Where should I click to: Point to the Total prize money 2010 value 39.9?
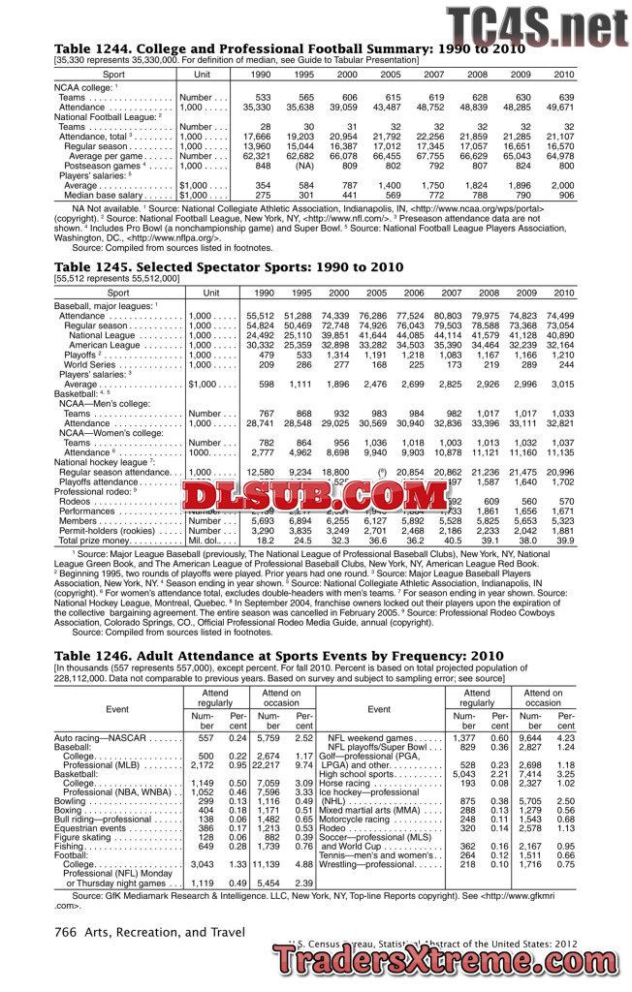562,541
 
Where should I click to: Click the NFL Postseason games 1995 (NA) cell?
303,166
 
